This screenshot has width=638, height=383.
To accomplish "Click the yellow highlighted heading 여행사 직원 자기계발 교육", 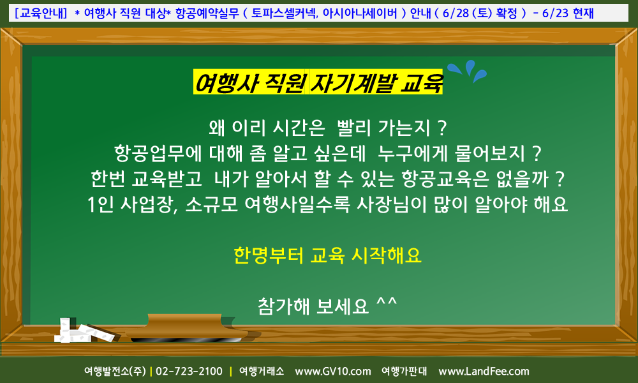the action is (318, 82).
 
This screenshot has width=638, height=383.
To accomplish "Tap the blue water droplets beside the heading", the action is (467, 71).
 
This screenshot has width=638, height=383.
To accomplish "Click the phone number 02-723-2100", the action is (189, 372).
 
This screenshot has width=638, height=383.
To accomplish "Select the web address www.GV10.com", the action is (333, 372).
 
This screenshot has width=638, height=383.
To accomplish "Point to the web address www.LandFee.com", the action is (484, 372).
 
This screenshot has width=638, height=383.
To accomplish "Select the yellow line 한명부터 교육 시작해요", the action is (327, 255).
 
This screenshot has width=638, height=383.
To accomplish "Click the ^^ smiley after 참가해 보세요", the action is (386, 303).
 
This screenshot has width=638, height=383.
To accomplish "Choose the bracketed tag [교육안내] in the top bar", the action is (40, 13).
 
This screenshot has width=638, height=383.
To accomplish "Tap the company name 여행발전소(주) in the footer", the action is (115, 372).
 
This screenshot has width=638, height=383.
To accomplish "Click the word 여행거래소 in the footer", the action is (261, 372).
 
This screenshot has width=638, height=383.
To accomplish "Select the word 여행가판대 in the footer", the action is (404, 372).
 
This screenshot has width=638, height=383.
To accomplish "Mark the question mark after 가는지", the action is (442, 128).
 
